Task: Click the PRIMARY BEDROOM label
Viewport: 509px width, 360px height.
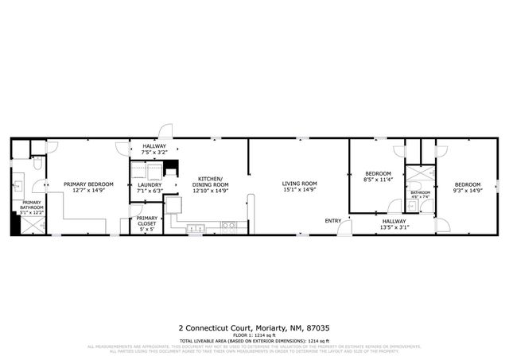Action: [88, 184]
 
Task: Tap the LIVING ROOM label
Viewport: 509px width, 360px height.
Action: [300, 184]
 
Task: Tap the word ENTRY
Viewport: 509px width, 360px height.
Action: [332, 220]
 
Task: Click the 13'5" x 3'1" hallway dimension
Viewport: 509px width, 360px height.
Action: [394, 228]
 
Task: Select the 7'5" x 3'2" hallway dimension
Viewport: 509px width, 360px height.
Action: [153, 153]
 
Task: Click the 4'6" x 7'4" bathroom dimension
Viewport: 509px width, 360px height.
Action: [420, 197]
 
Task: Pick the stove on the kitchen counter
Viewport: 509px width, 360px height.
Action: [228, 226]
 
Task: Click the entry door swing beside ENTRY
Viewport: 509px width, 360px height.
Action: [344, 229]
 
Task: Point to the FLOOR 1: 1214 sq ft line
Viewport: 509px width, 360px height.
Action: [254, 335]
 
